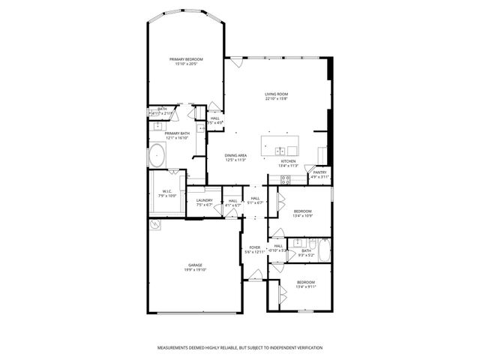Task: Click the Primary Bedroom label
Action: pos(186,59)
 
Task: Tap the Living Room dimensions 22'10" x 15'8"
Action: pos(276,98)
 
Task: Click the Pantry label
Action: pos(319,172)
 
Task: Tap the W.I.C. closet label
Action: pos(167,191)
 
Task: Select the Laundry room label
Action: pos(205,200)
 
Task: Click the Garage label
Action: pos(196,265)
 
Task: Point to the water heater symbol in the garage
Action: pos(154,224)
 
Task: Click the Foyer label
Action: pos(255,247)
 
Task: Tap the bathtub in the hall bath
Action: pos(325,251)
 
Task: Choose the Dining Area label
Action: pos(237,155)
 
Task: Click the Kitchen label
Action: pos(289,161)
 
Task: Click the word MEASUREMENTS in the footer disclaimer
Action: pos(177,348)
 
